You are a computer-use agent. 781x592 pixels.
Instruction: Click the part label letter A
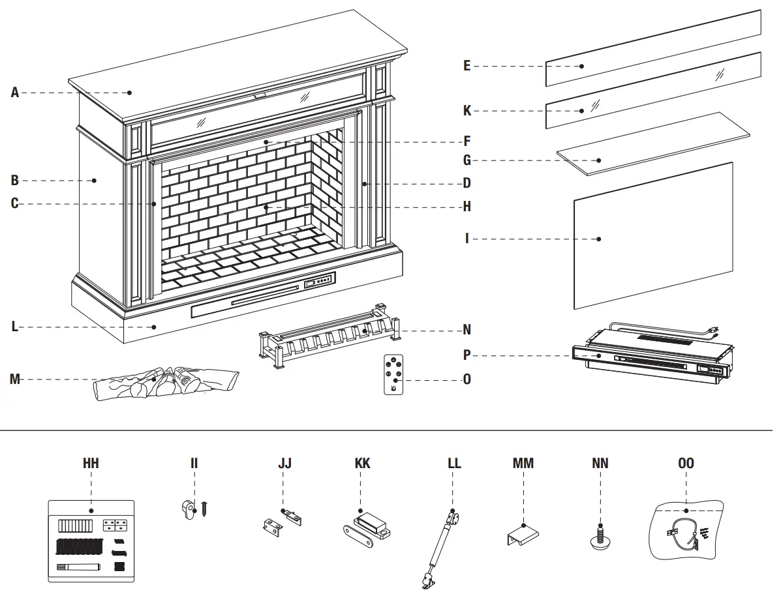click(15, 93)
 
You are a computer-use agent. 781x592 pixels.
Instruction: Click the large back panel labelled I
click(652, 236)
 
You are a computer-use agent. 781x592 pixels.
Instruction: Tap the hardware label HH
click(91, 464)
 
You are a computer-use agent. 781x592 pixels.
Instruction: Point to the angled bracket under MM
click(523, 535)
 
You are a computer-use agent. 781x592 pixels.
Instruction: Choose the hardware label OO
click(686, 464)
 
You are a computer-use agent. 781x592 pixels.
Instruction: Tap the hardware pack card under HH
click(91, 541)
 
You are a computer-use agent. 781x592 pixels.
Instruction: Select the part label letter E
click(467, 66)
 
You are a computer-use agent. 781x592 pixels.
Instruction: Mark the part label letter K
click(467, 111)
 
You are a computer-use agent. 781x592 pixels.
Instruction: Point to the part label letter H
click(467, 207)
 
